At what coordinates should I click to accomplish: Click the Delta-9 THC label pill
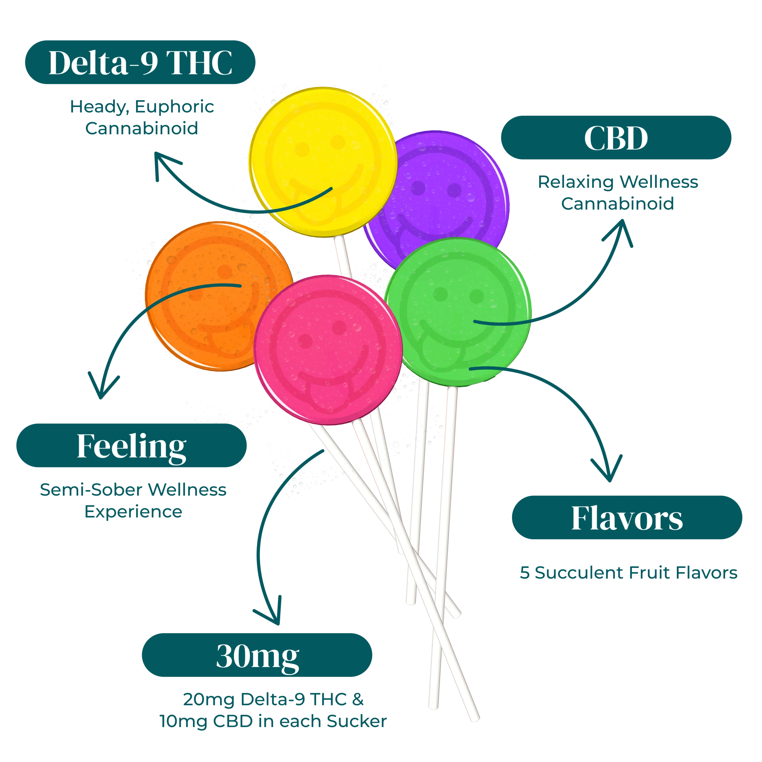click(x=140, y=62)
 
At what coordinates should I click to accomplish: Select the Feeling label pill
click(x=131, y=446)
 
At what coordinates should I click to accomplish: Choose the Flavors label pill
click(x=627, y=518)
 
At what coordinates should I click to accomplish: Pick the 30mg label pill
click(x=257, y=655)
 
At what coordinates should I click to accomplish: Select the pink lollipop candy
click(x=327, y=351)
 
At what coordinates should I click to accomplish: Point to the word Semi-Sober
click(x=91, y=490)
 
